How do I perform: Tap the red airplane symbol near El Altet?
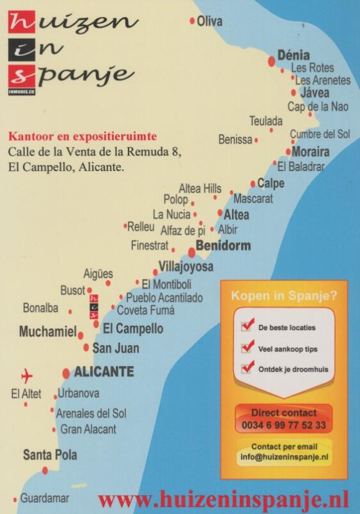coord(27,375)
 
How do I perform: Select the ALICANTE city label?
coord(104,371)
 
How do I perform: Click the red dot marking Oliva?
coord(192,21)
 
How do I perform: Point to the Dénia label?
coord(293,55)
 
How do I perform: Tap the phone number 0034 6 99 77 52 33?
coord(284,425)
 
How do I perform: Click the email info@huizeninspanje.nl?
coord(284,457)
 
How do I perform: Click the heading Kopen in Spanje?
coord(283,296)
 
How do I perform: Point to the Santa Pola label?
coord(50,455)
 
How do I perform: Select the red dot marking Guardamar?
coord(15,499)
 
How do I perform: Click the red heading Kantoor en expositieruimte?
coord(82,137)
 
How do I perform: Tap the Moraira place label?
coord(310,152)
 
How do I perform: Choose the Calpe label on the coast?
coord(271,183)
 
